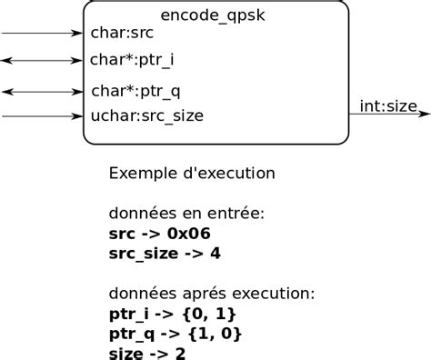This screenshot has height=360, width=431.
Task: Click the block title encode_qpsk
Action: point(213,15)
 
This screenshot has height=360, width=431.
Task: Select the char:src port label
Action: point(122,33)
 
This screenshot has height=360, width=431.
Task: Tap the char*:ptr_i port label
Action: point(132,60)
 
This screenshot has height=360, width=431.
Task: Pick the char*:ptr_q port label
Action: point(135,91)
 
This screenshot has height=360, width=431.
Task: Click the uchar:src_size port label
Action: point(147,115)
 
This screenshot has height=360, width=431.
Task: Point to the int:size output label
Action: point(388,106)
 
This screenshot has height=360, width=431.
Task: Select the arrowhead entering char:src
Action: point(76,33)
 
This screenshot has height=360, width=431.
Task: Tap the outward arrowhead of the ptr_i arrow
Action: point(7,61)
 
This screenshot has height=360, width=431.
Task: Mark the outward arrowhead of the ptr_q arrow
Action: point(8,92)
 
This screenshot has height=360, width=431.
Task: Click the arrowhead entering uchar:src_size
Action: point(76,116)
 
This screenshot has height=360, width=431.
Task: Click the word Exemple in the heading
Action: point(143,174)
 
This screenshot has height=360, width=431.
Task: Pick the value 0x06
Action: point(188,234)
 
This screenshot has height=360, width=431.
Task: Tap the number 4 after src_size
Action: point(215,254)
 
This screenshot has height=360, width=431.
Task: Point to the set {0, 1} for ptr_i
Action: point(209,314)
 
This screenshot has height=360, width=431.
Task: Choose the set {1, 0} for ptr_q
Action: point(215,334)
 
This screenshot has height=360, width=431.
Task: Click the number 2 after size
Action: point(180,354)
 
